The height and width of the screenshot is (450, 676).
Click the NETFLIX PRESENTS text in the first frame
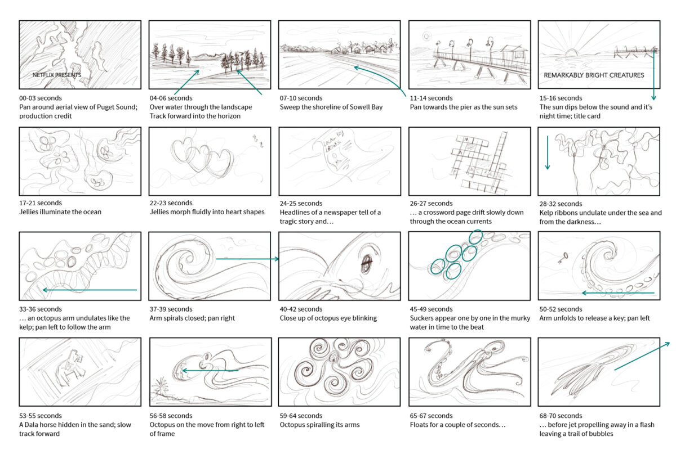[x=57, y=75]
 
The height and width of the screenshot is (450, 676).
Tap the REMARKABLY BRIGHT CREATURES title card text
[x=594, y=75]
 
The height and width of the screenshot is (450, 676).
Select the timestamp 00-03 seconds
[x=41, y=98]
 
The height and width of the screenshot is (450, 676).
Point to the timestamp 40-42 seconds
[x=301, y=309]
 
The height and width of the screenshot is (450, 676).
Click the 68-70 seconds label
[x=561, y=416]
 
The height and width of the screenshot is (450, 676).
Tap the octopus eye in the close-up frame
[x=367, y=262]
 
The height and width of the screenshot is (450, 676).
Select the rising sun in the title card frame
[x=571, y=52]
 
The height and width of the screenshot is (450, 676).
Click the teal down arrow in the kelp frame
[x=548, y=152]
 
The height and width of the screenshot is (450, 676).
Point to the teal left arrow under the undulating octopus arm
[x=90, y=290]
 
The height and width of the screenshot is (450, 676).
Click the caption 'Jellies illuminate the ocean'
[x=60, y=212]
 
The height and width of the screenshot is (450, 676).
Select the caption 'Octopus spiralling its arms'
[x=319, y=425]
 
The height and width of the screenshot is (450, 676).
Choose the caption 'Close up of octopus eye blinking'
[x=328, y=318]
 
